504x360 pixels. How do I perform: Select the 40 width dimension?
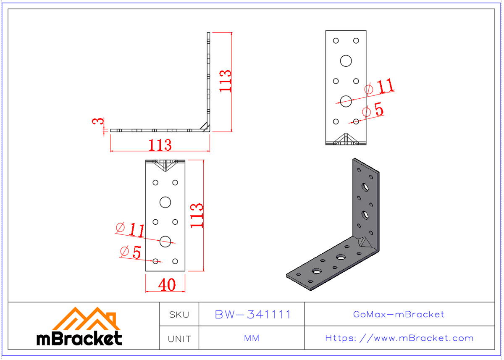[167, 285]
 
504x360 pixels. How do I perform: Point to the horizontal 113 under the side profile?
[160, 145]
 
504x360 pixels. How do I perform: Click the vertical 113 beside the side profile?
[226, 81]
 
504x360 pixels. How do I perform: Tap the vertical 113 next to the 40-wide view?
[197, 215]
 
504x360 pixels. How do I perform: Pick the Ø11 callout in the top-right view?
[380, 87]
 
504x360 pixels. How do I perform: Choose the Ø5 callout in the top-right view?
[373, 110]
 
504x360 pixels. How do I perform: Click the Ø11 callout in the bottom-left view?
[130, 229]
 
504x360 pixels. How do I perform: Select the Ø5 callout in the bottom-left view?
[130, 252]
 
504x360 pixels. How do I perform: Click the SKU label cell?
[179, 315]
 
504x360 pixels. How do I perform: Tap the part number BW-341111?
[252, 315]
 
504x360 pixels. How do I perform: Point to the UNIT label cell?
[179, 339]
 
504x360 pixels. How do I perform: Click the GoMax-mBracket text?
[399, 314]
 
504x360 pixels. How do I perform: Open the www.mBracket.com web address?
[399, 338]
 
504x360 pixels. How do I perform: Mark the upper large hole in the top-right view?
[346, 61]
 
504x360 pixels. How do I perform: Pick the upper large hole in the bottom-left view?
[165, 202]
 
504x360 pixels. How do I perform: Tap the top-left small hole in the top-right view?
[336, 41]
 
